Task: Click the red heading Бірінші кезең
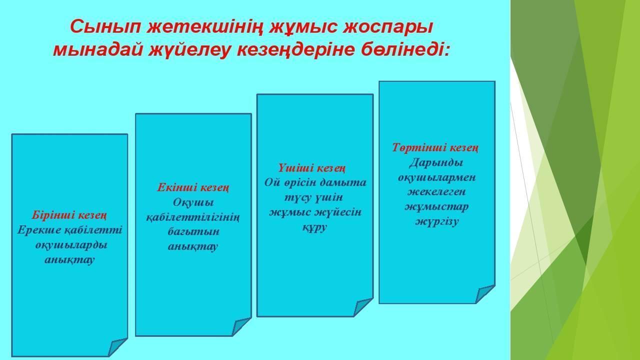pos(69,215)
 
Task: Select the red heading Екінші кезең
pos(193,187)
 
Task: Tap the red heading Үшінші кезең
pos(312,168)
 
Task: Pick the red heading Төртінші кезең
pos(435,147)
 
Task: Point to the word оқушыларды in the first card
pos(71,245)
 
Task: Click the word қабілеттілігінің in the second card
pos(193,217)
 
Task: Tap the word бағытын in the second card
pos(193,231)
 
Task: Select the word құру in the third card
pos(314,227)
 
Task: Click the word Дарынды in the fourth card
pos(436,162)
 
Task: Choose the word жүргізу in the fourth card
pos(437,221)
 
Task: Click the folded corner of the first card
pos(117,347)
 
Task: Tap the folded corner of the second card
pos(241,327)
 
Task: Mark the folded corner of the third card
pos(363,307)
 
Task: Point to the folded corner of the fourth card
pos(485,294)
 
